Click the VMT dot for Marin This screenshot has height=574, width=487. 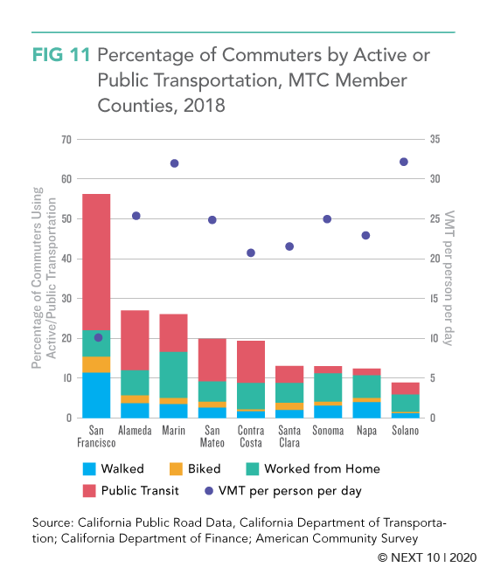(174, 163)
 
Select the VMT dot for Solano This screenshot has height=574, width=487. (403, 162)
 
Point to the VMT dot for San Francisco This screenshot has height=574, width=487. (98, 337)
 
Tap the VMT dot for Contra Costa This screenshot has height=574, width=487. (251, 252)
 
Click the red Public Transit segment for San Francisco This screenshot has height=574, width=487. (96, 262)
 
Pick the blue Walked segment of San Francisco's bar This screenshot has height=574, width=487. (96, 395)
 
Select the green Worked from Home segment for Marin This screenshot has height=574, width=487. (173, 375)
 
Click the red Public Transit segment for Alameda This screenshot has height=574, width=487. (135, 341)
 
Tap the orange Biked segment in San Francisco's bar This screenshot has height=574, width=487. (96, 364)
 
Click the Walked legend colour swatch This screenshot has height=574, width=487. (89, 469)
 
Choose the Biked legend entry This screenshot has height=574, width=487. (195, 469)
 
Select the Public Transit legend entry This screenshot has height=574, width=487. (131, 490)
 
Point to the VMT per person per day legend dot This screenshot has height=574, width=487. (209, 491)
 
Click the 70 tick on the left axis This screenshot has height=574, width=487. (66, 140)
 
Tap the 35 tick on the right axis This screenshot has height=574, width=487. (435, 139)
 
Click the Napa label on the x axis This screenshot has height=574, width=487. (366, 431)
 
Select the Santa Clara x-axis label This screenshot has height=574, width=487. (289, 437)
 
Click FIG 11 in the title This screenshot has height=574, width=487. (61, 55)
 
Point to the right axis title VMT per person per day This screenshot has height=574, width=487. (449, 278)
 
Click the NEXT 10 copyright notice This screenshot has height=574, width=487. (427, 557)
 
